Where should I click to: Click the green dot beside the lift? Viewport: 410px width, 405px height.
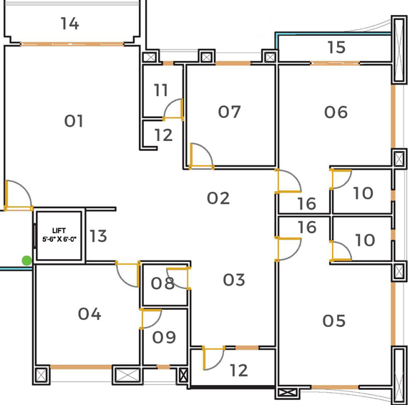[26, 260]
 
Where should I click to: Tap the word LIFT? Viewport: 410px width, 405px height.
[59, 230]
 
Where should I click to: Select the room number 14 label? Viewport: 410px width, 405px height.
[70, 24]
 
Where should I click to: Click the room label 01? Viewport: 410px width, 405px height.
[74, 121]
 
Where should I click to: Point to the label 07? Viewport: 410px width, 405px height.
[229, 112]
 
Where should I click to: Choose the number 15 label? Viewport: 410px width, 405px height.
[336, 47]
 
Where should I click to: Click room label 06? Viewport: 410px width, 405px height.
[336, 112]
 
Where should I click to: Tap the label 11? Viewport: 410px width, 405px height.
[161, 90]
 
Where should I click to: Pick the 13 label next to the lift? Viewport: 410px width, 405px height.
[98, 236]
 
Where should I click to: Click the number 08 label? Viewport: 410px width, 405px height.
[162, 283]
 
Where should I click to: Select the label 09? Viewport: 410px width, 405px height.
[164, 337]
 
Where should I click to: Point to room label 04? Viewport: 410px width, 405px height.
[89, 313]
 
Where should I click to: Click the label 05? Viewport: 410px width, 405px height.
[334, 321]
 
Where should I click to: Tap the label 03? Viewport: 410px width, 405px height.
[234, 280]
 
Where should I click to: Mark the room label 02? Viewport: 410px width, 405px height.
[218, 198]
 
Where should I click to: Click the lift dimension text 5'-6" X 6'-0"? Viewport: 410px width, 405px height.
[59, 239]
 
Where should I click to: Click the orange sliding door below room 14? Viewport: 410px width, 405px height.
[72, 44]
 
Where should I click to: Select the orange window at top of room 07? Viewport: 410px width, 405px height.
[233, 63]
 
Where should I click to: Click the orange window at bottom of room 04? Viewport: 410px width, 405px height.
[81, 367]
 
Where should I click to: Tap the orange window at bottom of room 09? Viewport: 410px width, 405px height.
[163, 367]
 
